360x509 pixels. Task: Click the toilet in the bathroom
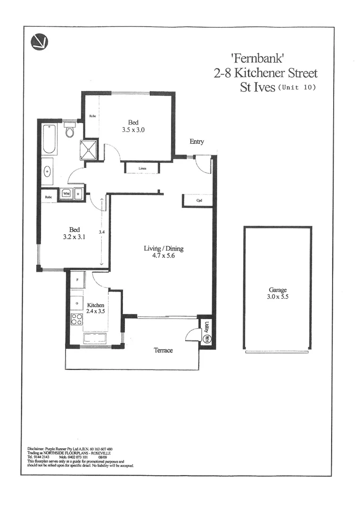point(70,131)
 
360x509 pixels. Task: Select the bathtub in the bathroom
point(49,140)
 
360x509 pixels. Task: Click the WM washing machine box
point(66,193)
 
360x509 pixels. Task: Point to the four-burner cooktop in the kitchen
point(76,320)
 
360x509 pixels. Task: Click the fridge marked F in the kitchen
point(77,280)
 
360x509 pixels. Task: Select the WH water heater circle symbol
point(206,339)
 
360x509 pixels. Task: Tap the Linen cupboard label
point(142,168)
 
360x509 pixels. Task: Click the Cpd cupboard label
point(199,201)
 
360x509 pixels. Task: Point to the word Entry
point(197,141)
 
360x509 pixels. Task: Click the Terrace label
point(163,350)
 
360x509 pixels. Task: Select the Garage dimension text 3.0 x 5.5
point(278,297)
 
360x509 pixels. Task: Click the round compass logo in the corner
point(40,42)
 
